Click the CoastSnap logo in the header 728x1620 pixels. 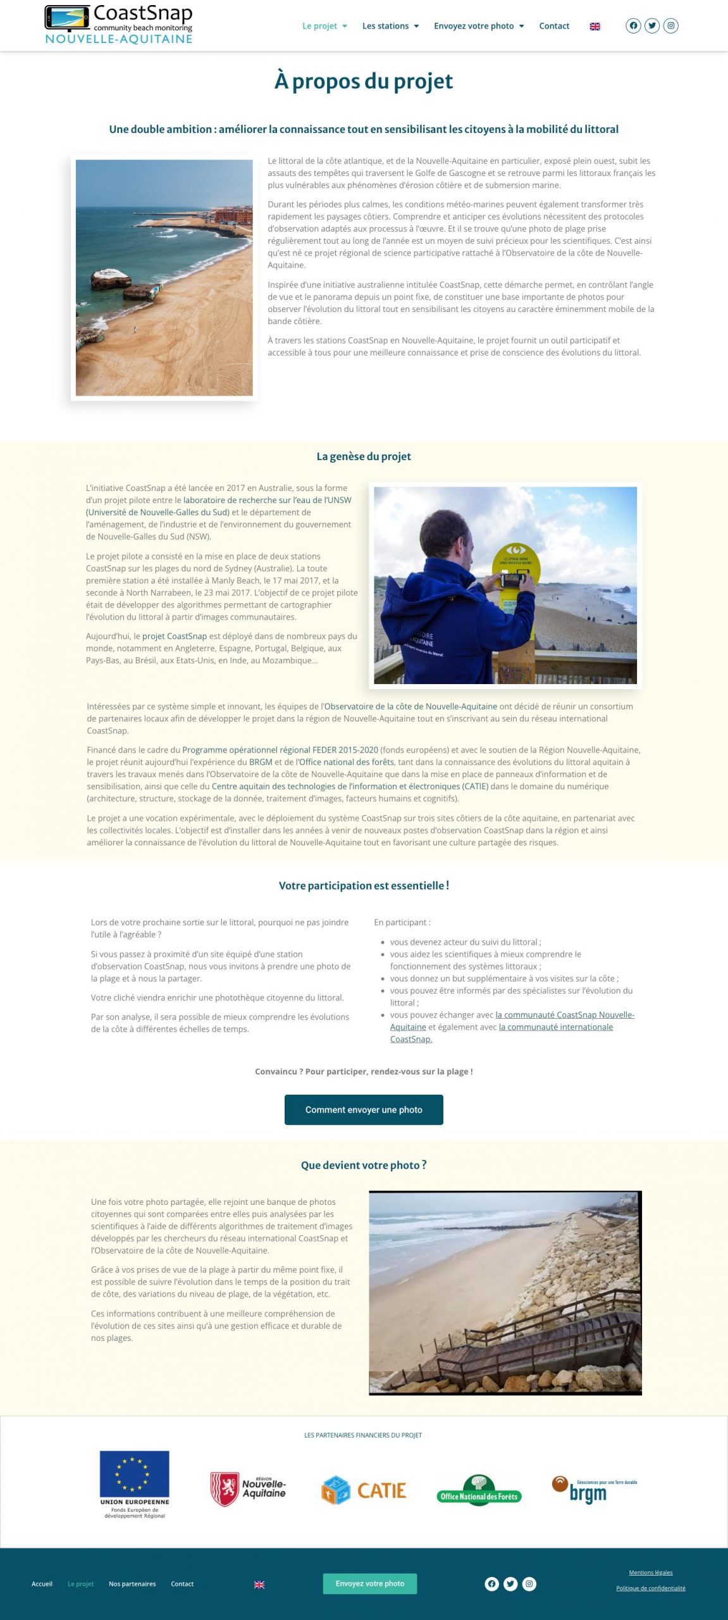pyautogui.click(x=118, y=25)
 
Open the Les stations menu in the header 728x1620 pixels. pyautogui.click(x=390, y=26)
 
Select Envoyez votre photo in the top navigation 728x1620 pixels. pyautogui.click(x=478, y=26)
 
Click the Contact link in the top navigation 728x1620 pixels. pyautogui.click(x=554, y=26)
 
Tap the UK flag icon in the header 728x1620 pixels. pyautogui.click(x=595, y=27)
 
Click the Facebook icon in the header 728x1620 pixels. pyautogui.click(x=632, y=26)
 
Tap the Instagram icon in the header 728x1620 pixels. pyautogui.click(x=671, y=26)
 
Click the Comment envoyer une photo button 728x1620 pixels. pyautogui.click(x=364, y=1109)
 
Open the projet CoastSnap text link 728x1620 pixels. pyautogui.click(x=175, y=636)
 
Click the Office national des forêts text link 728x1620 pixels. pyautogui.click(x=347, y=762)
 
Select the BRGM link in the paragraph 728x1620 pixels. pyautogui.click(x=261, y=762)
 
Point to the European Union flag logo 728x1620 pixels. pyautogui.click(x=134, y=1474)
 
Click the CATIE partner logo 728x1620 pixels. pyautogui.click(x=364, y=1490)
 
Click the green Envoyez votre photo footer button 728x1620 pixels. pyautogui.click(x=370, y=1583)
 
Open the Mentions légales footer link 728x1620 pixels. pyautogui.click(x=650, y=1573)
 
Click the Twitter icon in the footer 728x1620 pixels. pyautogui.click(x=510, y=1584)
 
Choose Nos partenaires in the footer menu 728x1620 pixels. pyautogui.click(x=132, y=1584)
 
